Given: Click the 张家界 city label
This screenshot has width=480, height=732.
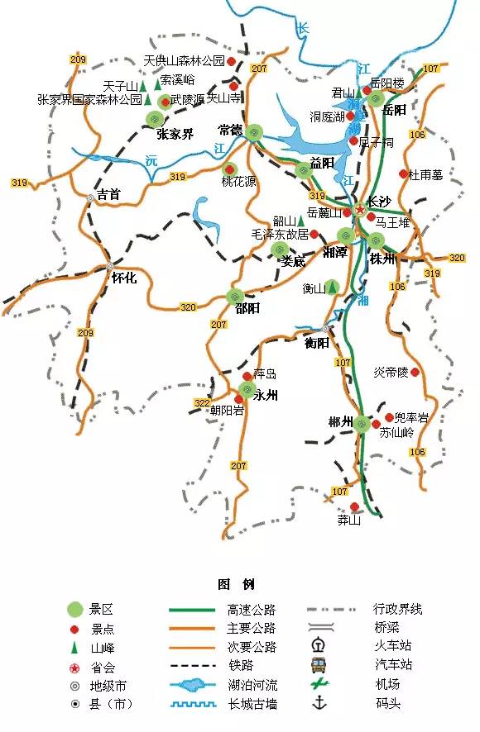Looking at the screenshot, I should coord(175,134).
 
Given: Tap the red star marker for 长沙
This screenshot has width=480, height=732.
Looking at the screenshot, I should coord(359,211).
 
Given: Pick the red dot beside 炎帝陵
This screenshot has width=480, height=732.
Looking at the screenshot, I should coord(415,373).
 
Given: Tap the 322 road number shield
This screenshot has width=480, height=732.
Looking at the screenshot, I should coord(201,402).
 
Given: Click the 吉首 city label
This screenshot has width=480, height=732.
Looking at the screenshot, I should coord(109,195).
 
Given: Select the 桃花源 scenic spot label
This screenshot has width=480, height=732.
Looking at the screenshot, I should coord(238,182).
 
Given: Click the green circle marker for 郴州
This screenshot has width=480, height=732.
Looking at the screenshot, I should coord(362,425).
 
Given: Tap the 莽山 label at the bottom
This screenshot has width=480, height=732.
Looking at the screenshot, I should coord(349,520).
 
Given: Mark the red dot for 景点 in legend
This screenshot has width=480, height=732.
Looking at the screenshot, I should coord(75,629).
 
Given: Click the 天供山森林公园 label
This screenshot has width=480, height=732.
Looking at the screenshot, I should coord(184,61).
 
